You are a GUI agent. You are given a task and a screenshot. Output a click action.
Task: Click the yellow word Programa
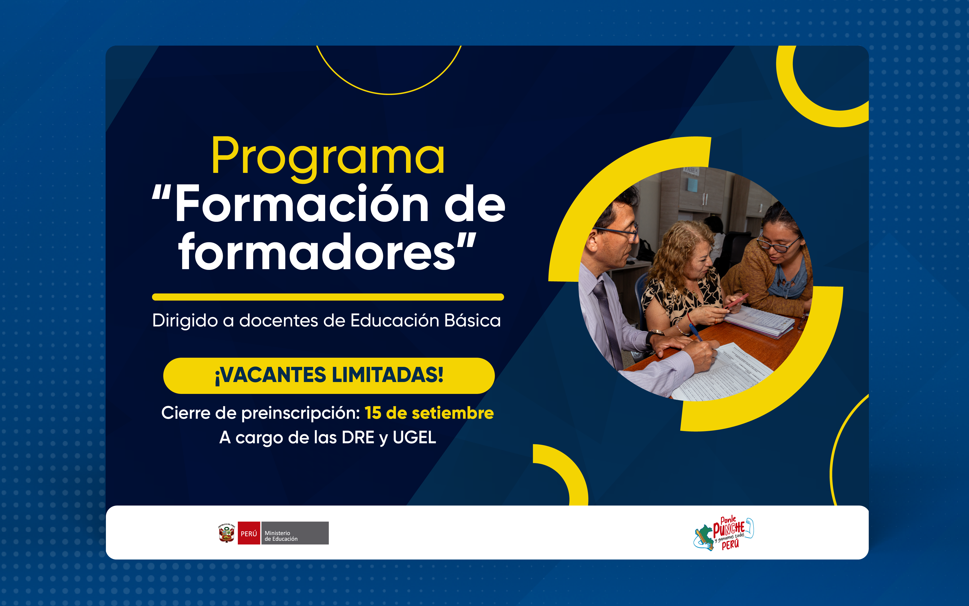[x=328, y=157]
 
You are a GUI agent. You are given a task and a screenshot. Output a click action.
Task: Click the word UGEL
[x=414, y=437]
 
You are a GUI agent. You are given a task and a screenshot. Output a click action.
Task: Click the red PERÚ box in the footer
[x=249, y=533]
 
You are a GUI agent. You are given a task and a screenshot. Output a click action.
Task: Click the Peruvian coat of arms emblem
[x=226, y=533]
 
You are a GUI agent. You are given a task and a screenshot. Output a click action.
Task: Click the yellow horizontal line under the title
[x=328, y=297]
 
